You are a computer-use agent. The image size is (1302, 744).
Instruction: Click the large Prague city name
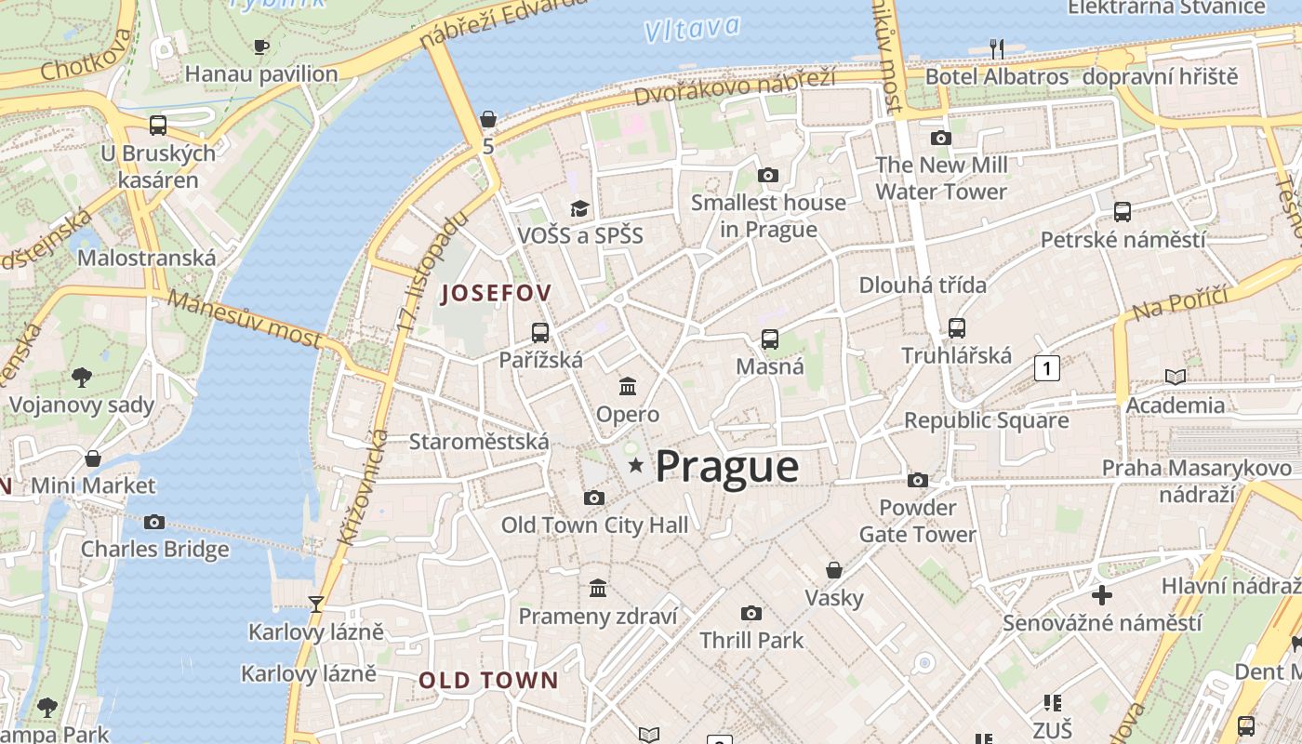coord(727,467)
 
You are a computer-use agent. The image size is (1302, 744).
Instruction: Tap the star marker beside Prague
coord(636,464)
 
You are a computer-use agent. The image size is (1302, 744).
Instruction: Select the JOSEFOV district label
coord(497,293)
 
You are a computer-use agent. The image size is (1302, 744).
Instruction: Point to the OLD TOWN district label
coord(488,680)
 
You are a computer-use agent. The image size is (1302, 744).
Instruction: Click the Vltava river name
coord(692,29)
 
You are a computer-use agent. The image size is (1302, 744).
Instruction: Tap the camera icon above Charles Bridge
coord(154,522)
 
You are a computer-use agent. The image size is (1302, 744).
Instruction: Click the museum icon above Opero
coord(628,386)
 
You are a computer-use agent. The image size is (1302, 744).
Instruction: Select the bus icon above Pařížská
coord(540,332)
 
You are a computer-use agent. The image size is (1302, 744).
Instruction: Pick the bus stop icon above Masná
coord(770,339)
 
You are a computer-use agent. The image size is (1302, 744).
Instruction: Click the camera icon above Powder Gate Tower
coord(918,480)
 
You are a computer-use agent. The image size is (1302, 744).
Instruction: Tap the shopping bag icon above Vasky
coord(834,569)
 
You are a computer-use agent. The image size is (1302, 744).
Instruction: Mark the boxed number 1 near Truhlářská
coord(1047,368)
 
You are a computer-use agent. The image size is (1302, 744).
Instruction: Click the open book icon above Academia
coord(1176,377)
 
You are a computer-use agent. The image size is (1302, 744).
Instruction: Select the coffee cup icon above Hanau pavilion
coord(261,46)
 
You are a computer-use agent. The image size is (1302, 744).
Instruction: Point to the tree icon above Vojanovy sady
coord(82,377)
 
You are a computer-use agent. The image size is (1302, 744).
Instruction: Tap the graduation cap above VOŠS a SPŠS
coord(580,207)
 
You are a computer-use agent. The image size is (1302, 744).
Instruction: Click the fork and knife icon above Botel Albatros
coord(997,48)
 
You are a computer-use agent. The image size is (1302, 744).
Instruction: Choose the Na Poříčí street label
coord(1180,303)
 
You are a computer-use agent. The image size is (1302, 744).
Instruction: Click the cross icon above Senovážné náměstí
coord(1102,594)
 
